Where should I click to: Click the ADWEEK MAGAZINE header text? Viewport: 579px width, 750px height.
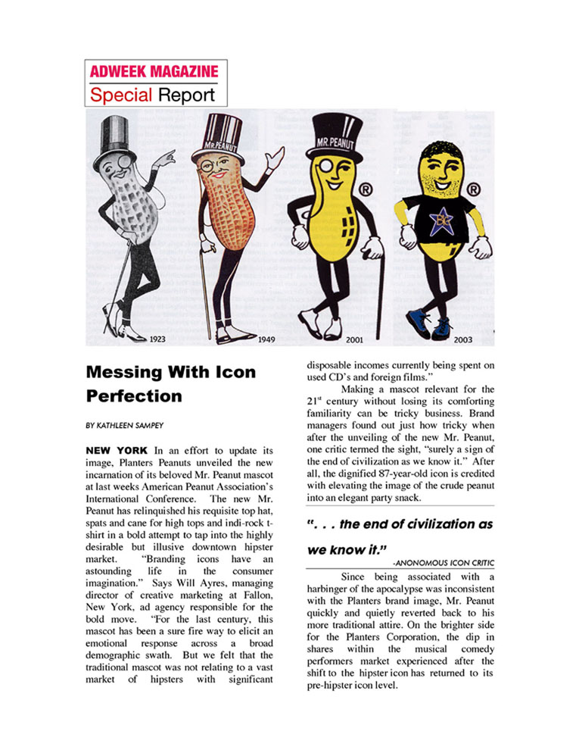[154, 72]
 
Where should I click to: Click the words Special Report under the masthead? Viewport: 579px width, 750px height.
[152, 95]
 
